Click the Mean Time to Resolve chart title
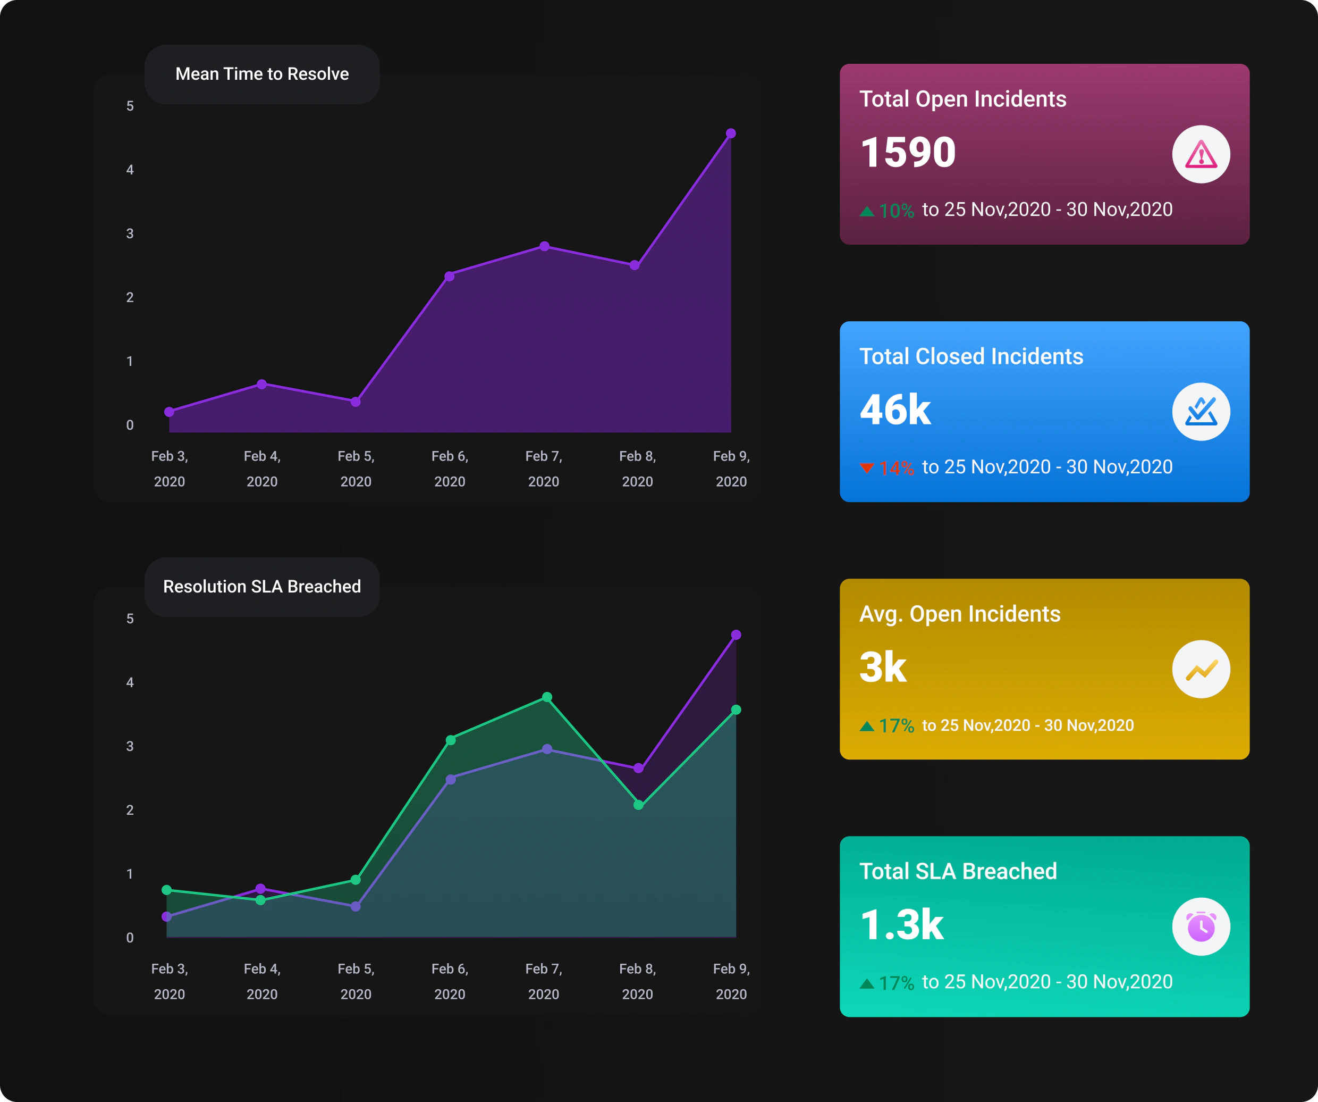(261, 74)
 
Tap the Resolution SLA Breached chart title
(261, 587)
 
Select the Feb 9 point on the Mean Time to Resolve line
(731, 133)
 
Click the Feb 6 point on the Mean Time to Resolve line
(450, 276)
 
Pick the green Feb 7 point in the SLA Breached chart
(547, 697)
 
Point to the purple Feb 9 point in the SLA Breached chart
(736, 635)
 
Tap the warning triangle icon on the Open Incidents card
(1201, 154)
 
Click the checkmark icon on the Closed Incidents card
(1201, 412)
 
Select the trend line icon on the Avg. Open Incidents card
(1201, 670)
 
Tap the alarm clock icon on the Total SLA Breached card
(1201, 927)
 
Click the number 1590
(908, 153)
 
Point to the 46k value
(895, 410)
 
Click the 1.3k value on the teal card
(901, 925)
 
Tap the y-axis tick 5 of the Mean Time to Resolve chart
(130, 106)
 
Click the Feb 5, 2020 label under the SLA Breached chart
(356, 981)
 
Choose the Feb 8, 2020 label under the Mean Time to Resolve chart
(638, 469)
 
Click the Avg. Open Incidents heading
(960, 614)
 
